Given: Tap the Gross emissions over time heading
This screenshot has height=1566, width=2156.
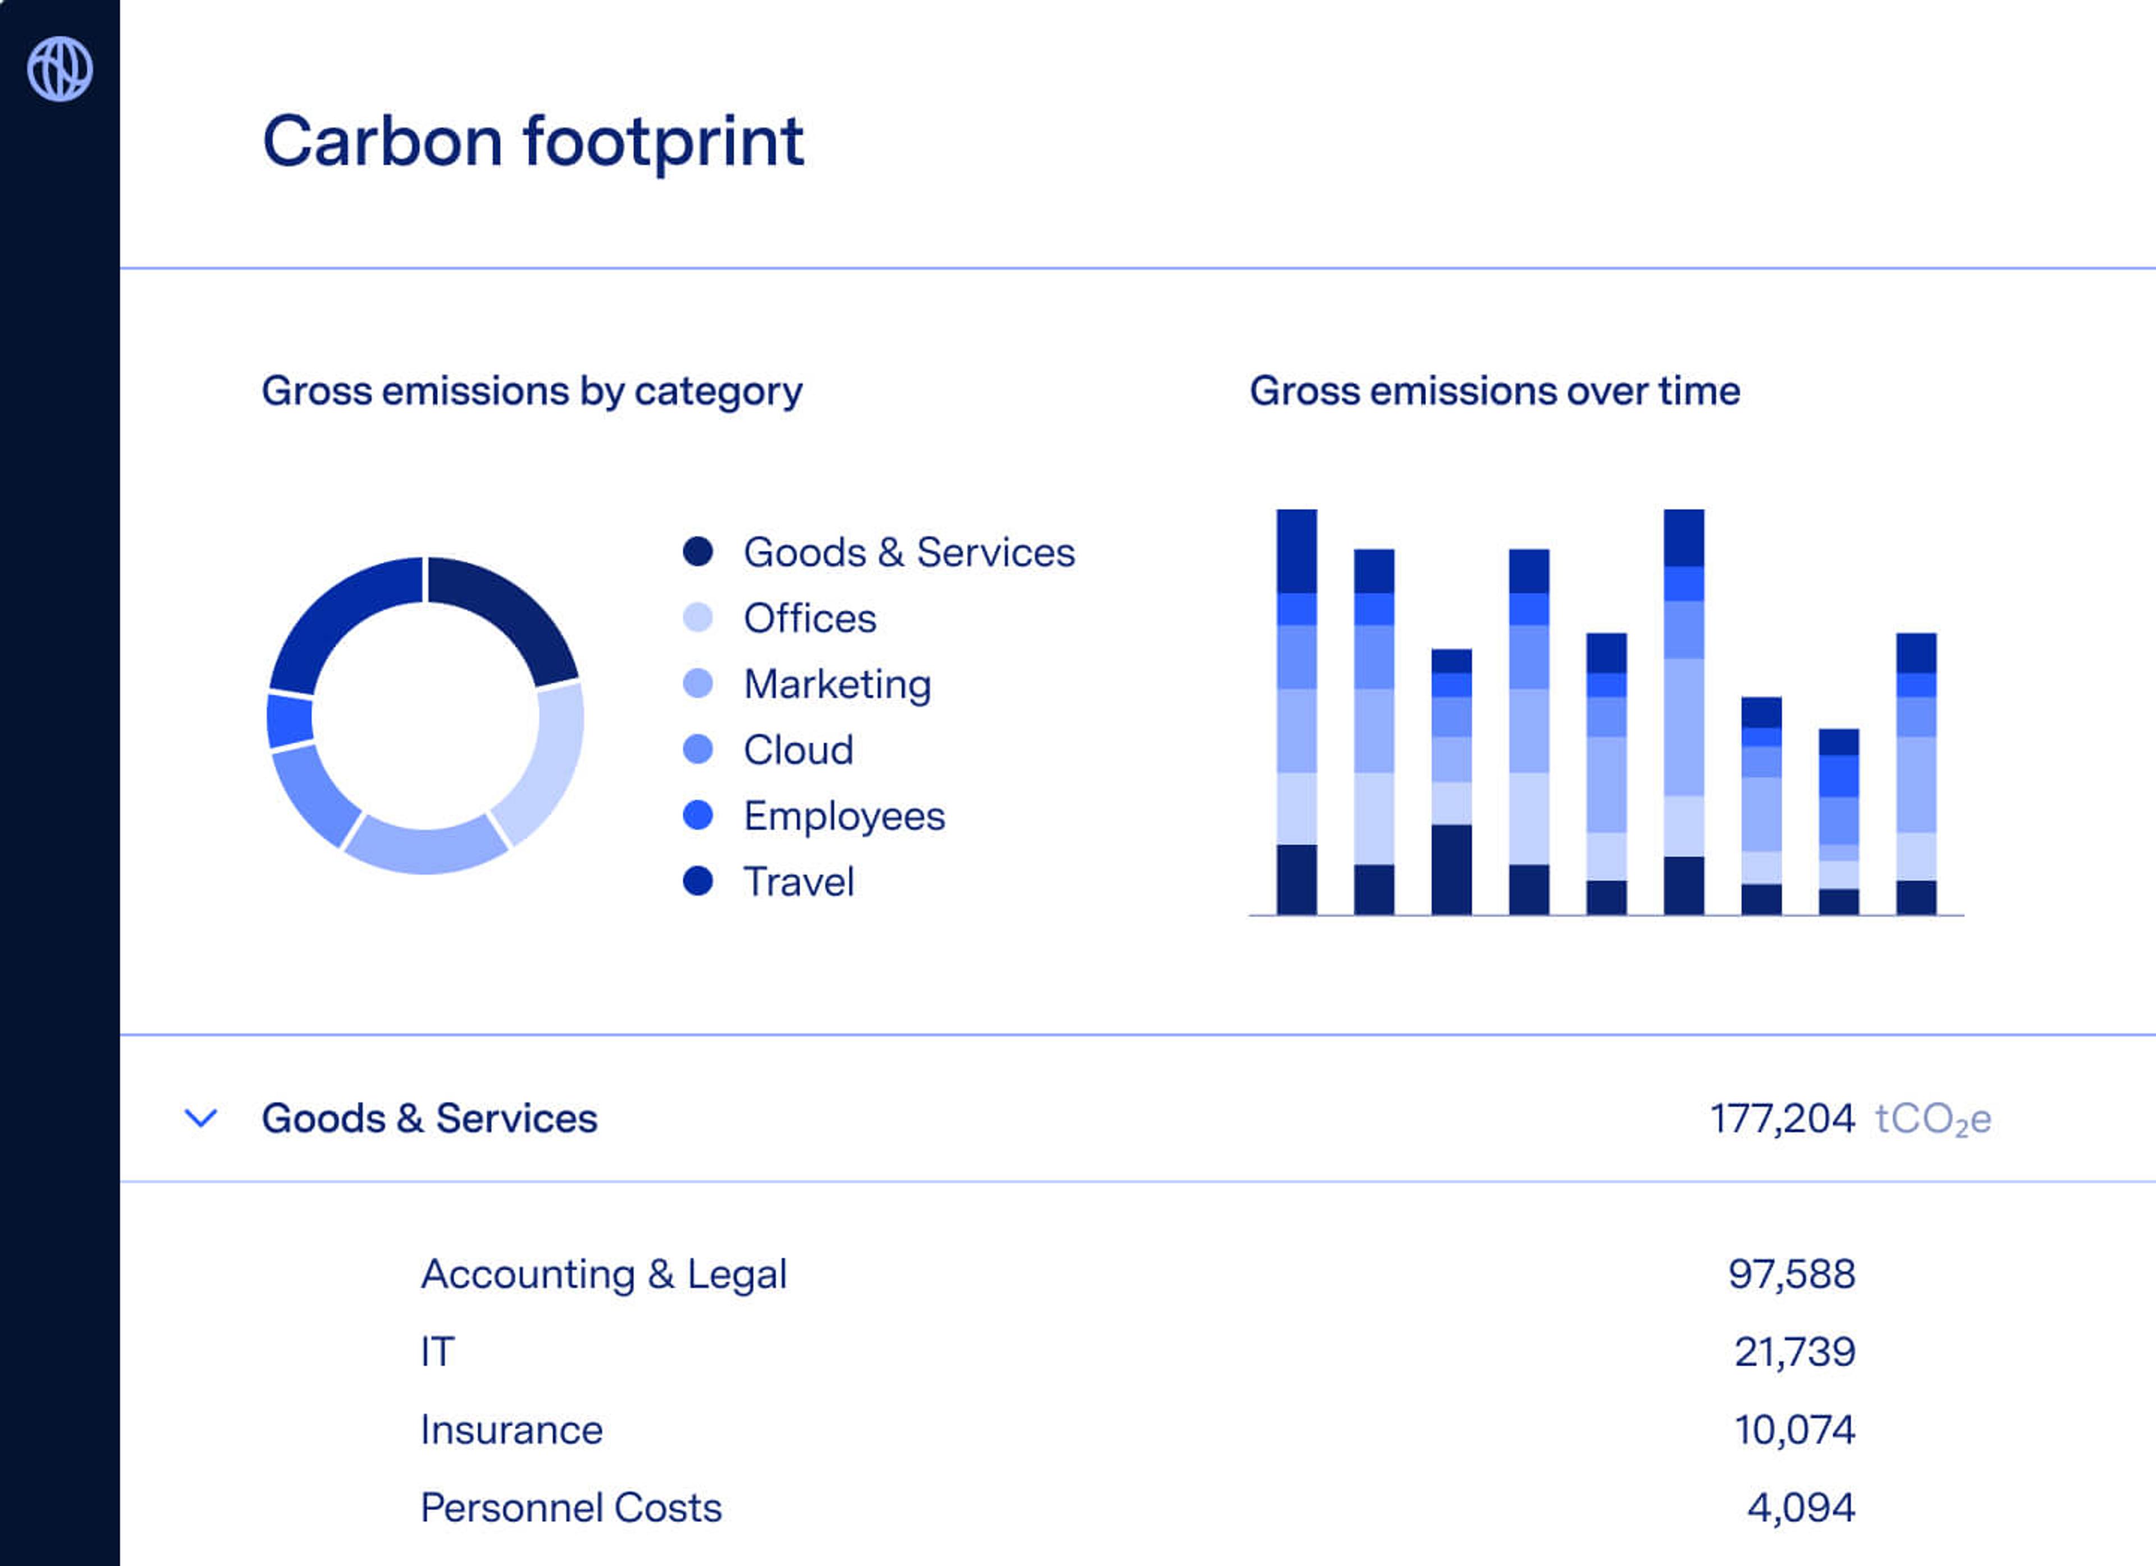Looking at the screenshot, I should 1495,391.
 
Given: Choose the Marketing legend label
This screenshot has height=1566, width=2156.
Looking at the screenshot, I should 837,684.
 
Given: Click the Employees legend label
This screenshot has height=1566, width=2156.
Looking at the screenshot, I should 843,816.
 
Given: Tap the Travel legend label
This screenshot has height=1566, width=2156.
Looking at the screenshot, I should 798,882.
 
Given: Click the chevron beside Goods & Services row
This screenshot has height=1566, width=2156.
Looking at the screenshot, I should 200,1118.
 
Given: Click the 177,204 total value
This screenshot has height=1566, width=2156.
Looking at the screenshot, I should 1782,1118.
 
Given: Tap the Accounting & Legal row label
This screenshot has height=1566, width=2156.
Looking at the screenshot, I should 604,1274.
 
